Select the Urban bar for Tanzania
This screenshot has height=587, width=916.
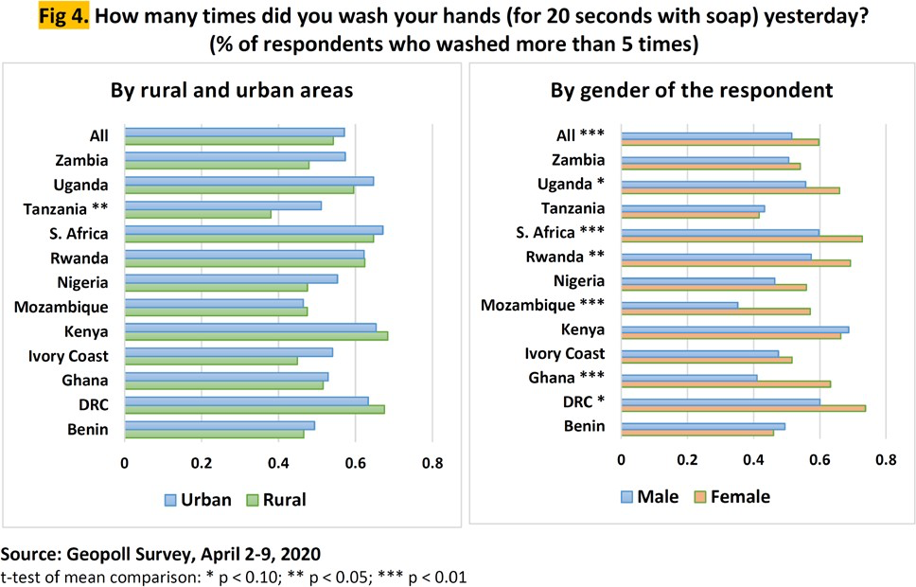(x=222, y=205)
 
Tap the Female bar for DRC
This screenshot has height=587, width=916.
(x=743, y=408)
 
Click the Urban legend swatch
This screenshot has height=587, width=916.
(x=170, y=499)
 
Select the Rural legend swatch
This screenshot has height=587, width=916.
(x=253, y=499)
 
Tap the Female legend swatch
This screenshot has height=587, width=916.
(x=700, y=496)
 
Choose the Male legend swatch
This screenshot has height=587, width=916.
(x=627, y=496)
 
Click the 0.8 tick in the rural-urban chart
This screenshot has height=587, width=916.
(x=432, y=464)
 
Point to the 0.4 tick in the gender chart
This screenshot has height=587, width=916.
(x=753, y=461)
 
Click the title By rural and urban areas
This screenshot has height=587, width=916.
(x=232, y=91)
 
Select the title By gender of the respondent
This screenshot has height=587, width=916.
(x=692, y=91)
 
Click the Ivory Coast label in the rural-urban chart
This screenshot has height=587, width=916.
(x=72, y=356)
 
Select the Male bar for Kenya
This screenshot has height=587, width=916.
(x=734, y=329)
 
